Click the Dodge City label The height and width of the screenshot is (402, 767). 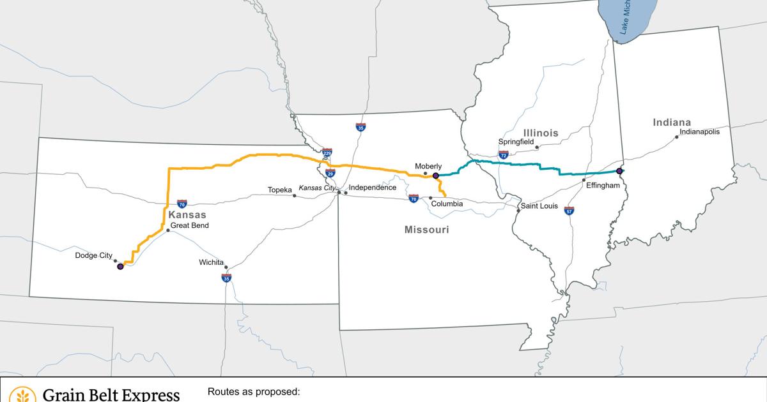[93, 256]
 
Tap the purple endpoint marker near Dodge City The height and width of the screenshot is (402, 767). [120, 267]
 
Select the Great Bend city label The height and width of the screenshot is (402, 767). [189, 225]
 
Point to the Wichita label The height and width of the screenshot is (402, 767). [211, 262]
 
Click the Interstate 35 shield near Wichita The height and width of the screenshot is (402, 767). [226, 278]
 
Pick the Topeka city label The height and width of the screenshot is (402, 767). [279, 190]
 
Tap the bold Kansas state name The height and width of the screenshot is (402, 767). [187, 215]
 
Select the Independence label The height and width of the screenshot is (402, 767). [373, 188]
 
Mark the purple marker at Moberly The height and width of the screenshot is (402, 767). [436, 175]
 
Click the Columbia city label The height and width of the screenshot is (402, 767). [447, 204]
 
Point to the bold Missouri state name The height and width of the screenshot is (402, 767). [426, 230]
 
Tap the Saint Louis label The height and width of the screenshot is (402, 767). [539, 206]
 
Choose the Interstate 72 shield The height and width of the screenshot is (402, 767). [504, 154]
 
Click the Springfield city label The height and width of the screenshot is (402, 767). [516, 142]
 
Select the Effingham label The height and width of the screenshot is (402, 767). [603, 185]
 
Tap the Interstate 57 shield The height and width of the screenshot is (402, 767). [569, 210]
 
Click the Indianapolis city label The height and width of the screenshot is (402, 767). [699, 132]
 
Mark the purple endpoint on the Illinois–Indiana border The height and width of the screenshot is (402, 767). [619, 171]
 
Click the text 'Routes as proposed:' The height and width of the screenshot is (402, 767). [254, 392]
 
